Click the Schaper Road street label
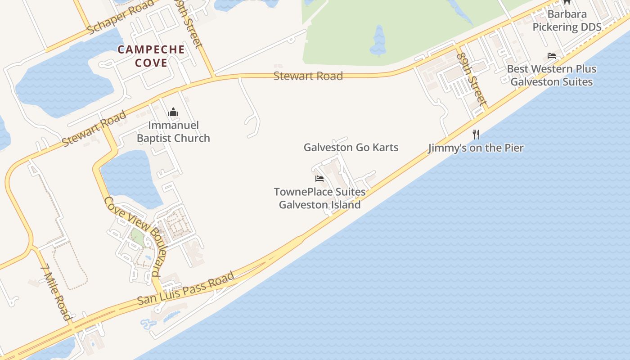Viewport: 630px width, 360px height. pos(121,18)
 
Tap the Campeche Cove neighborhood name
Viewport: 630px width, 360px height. pos(151,56)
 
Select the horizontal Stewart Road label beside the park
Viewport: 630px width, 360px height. pos(308,76)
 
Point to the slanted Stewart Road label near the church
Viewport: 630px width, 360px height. pos(94,129)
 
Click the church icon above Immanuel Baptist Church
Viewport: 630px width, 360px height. pos(173,112)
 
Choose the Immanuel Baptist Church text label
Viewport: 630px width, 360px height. pos(173,132)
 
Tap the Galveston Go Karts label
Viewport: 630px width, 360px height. pos(351,148)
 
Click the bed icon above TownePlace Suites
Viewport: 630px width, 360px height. pos(319,179)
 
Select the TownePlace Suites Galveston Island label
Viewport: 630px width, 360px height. pos(320,198)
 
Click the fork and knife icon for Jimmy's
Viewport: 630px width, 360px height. pos(476,134)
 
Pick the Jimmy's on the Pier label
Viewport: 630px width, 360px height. pos(476,148)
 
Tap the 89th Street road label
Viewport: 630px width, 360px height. pos(471,79)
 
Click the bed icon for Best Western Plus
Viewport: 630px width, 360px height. pos(552,56)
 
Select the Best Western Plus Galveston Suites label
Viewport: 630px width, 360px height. pos(552,76)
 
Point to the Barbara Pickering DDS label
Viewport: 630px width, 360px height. pos(567,21)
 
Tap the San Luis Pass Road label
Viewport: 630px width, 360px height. pos(186,288)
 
